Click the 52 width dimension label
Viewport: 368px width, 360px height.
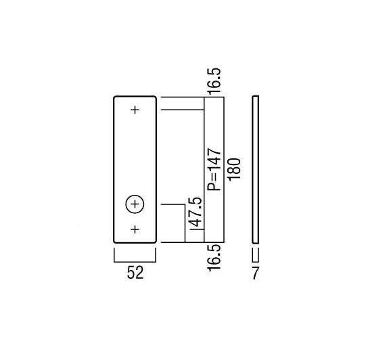tap(135, 273)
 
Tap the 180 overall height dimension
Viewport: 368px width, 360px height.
tap(235, 169)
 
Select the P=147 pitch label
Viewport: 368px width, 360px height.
tap(214, 169)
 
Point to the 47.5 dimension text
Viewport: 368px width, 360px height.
tap(195, 212)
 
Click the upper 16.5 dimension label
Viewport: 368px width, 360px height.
tap(214, 81)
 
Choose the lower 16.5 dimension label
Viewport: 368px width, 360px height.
tap(214, 258)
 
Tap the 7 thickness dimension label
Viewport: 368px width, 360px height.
tap(255, 273)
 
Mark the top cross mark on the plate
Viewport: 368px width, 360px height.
tap(135, 110)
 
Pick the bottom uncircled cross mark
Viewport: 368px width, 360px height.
tap(135, 229)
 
